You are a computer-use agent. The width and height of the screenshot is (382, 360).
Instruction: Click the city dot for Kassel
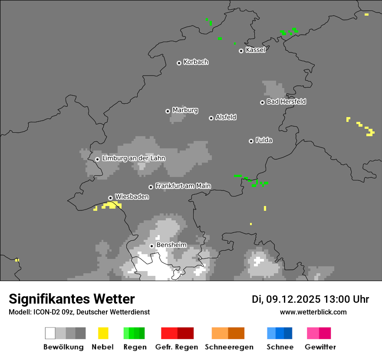[241, 51]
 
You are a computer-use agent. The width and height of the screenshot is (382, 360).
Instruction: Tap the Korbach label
[196, 62]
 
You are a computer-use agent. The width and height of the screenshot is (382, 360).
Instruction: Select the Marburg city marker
[168, 111]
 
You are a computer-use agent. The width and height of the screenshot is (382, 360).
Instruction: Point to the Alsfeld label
[226, 117]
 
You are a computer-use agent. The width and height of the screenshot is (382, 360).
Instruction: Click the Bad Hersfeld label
[286, 101]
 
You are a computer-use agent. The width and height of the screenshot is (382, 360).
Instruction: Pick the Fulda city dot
[251, 141]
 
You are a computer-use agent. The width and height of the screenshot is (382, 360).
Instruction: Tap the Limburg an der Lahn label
[133, 158]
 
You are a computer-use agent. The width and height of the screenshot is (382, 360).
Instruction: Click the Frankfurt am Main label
[183, 186]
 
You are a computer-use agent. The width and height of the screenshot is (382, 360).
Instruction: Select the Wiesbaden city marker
[111, 198]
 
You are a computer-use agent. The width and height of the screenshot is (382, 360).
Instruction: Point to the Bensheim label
[171, 245]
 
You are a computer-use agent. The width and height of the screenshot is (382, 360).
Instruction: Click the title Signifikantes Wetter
[72, 299]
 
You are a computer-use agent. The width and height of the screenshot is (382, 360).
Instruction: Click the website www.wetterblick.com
[313, 312]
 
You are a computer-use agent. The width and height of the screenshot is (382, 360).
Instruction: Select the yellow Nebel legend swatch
[103, 333]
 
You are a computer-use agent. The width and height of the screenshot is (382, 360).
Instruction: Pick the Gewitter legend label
[320, 347]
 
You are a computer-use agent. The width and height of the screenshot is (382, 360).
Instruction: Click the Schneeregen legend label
[229, 347]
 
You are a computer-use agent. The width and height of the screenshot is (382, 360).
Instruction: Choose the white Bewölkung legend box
[50, 333]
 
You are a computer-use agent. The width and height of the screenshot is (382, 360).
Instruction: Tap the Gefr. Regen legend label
[177, 347]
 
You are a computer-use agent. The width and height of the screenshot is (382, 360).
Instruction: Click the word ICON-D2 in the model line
[41, 312]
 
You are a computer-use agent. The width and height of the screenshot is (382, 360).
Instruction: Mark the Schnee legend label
[280, 347]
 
